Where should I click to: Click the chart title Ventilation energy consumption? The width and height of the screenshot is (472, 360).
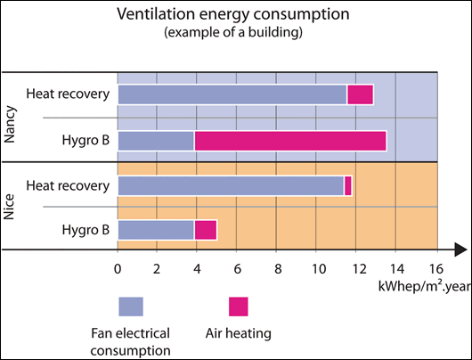[234, 15]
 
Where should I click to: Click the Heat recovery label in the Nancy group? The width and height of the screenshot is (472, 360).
[68, 94]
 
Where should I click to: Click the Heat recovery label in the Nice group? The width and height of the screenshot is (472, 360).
[68, 184]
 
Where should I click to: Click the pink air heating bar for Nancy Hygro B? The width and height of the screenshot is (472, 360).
[290, 140]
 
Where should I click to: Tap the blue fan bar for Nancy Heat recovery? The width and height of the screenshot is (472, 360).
[232, 94]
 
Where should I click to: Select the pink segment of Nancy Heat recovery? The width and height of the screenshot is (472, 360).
[360, 94]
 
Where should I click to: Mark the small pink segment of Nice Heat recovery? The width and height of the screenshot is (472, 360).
[348, 185]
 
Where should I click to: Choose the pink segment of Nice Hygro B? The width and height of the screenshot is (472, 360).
[206, 231]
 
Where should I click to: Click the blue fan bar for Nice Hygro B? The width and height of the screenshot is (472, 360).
[156, 231]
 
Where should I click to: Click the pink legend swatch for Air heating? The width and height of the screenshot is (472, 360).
[238, 306]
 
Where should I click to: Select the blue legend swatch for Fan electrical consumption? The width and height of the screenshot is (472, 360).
[131, 306]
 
